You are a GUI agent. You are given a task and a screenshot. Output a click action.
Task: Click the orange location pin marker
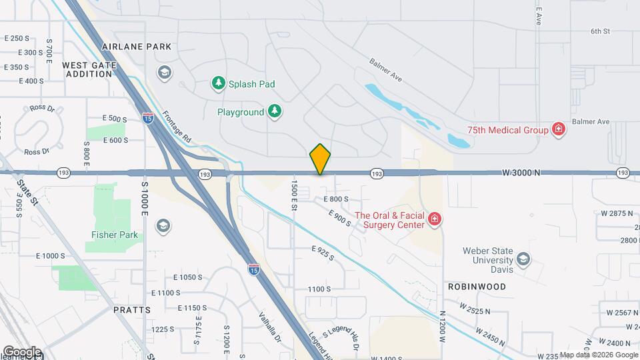[320, 159]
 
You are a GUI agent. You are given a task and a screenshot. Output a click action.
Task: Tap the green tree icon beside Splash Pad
[217, 83]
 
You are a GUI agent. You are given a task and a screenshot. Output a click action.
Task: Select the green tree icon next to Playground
[274, 112]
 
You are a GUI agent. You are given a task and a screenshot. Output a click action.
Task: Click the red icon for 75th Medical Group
[559, 129]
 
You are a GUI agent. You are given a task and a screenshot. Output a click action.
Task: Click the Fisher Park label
[115, 235]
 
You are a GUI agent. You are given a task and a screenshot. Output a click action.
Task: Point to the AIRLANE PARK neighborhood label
[137, 47]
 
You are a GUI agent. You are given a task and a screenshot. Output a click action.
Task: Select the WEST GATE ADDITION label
[88, 69]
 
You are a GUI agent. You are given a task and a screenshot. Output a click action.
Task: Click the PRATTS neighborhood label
[132, 310]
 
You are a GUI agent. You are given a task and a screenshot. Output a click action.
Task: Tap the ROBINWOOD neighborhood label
[481, 287]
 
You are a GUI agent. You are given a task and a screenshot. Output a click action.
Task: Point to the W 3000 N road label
[521, 173]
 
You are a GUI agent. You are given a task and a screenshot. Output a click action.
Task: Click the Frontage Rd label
[177, 127]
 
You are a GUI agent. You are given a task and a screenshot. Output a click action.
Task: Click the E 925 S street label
[323, 253]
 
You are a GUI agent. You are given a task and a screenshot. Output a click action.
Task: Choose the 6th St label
[600, 31]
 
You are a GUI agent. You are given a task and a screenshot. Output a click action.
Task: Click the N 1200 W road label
[442, 327]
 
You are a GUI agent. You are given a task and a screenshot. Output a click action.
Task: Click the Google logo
[22, 352]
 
